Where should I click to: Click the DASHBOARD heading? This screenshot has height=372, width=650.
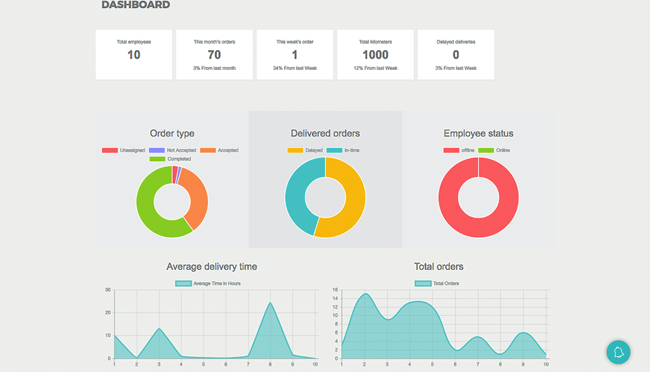(x=136, y=5)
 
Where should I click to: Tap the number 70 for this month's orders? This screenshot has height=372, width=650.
(x=214, y=55)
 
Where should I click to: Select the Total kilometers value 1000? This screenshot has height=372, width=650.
(x=375, y=55)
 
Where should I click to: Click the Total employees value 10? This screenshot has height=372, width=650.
(x=134, y=55)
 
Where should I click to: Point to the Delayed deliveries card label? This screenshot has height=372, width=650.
(x=456, y=42)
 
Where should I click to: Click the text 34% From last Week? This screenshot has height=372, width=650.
(x=295, y=68)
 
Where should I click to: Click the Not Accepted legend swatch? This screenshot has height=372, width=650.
(x=157, y=150)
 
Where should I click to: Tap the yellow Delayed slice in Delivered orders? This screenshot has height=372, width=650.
(x=350, y=205)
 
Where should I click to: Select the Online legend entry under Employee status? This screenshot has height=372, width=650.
(x=494, y=150)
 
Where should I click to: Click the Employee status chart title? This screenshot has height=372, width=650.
(x=478, y=133)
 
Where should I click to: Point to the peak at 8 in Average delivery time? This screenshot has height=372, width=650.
(x=270, y=303)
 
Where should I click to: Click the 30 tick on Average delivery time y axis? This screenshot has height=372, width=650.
(x=107, y=290)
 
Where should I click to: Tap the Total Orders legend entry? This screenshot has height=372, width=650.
(x=437, y=283)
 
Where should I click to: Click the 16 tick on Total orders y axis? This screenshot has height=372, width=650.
(x=335, y=290)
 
